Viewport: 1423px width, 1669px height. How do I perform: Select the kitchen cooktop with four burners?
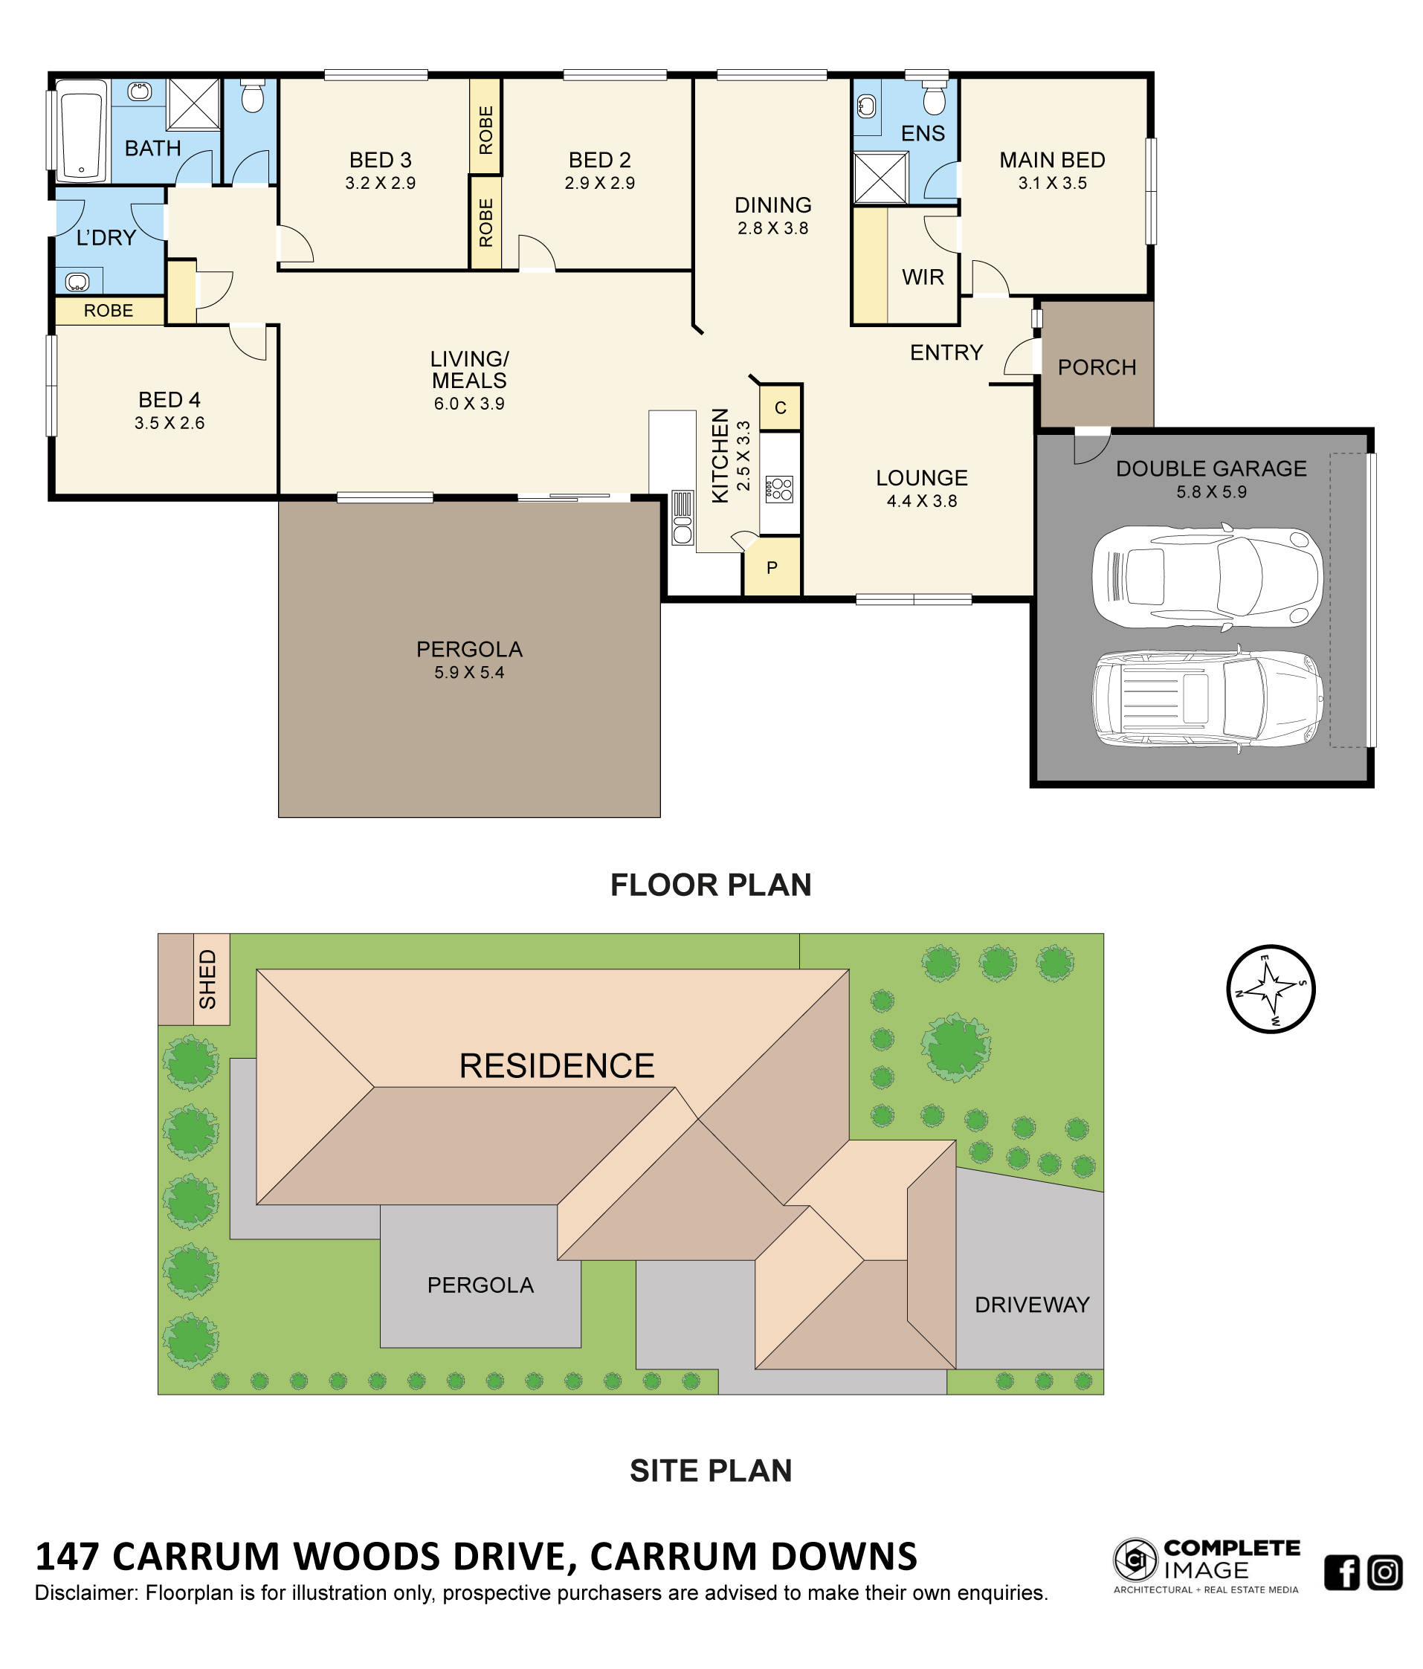point(778,488)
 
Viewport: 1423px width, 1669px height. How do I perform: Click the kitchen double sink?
point(681,518)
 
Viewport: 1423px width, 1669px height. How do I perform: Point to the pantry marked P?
point(772,567)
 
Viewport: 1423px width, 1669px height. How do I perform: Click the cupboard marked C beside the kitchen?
point(780,407)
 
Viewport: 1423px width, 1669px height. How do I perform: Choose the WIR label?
point(922,277)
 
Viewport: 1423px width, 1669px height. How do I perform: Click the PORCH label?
point(1096,367)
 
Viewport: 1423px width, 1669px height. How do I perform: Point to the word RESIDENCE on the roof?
point(556,1065)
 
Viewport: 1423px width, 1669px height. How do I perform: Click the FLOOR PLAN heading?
point(710,885)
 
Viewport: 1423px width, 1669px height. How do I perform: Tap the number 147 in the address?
point(67,1556)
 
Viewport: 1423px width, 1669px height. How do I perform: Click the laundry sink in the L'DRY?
point(77,281)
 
